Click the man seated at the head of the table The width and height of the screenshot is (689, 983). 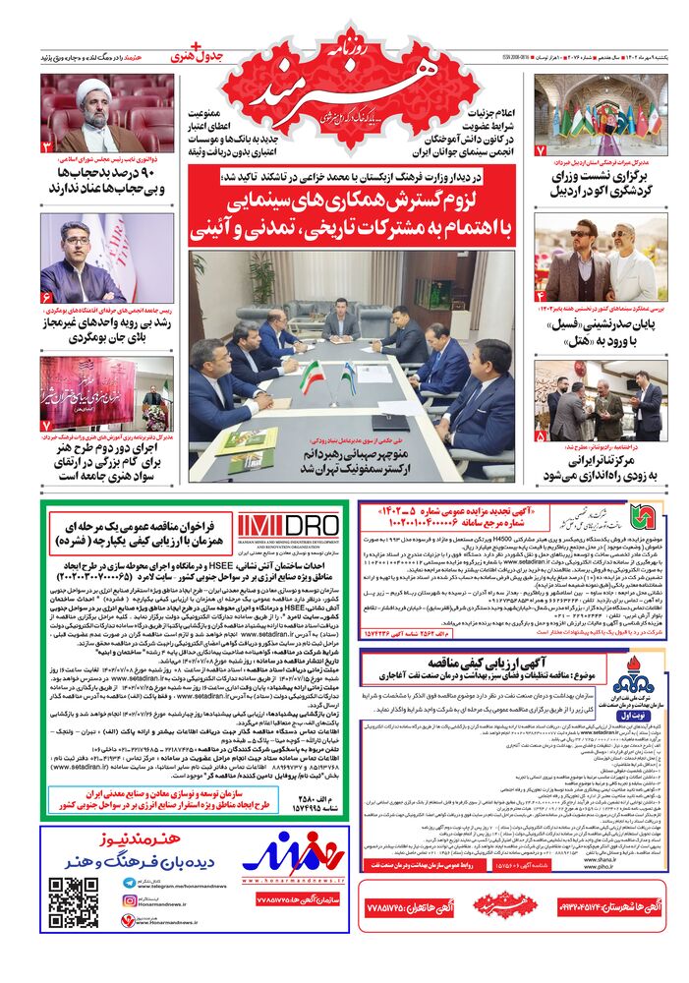340,317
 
